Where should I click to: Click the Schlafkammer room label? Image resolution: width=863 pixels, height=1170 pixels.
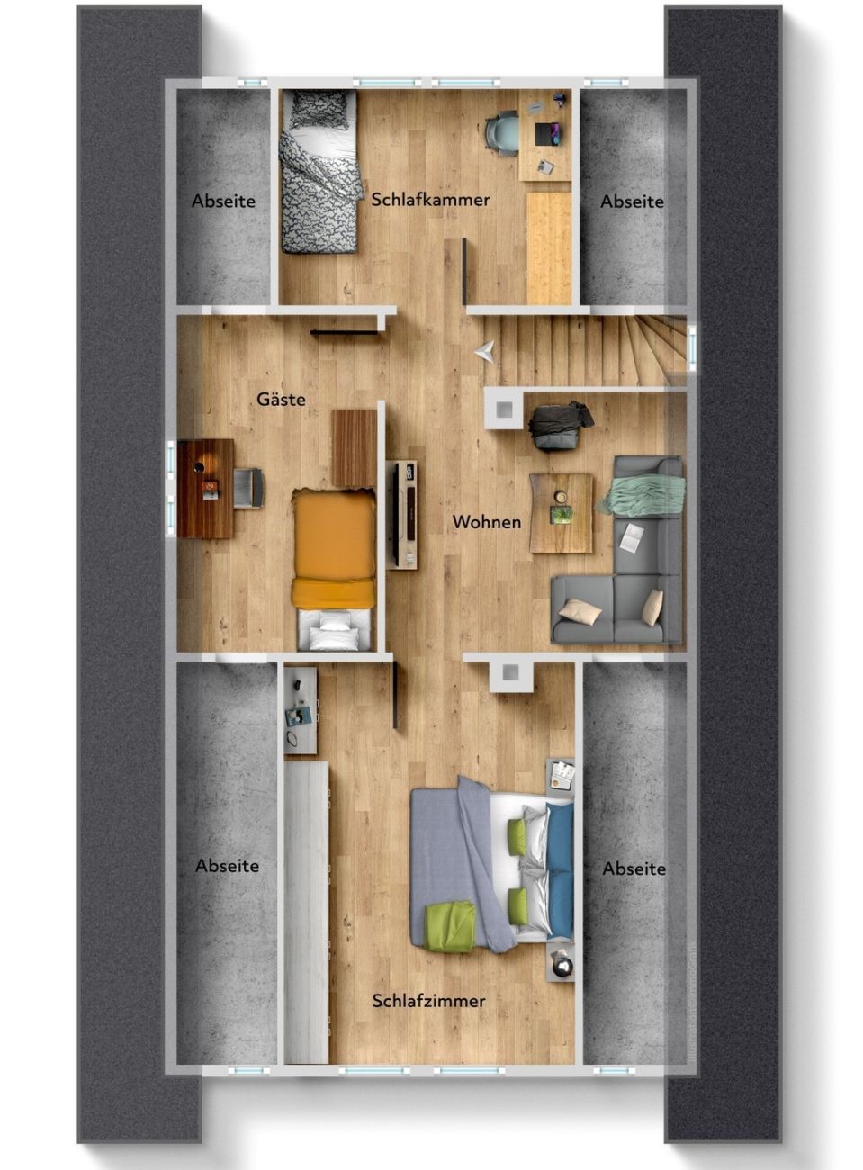click(430, 200)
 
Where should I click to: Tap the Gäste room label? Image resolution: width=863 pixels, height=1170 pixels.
click(281, 399)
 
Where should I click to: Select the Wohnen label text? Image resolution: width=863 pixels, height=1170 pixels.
click(487, 521)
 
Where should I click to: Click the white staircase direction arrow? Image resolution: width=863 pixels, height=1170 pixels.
click(485, 351)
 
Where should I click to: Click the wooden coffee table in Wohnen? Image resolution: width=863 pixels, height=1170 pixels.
click(562, 512)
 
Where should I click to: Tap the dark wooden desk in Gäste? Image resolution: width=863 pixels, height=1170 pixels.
click(205, 489)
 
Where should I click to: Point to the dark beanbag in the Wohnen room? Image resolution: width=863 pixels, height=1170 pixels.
click(561, 424)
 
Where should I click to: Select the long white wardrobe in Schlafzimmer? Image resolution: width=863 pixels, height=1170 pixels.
click(306, 886)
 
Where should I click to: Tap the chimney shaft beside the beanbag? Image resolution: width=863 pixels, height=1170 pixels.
click(504, 409)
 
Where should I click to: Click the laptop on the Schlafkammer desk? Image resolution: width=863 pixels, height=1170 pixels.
click(548, 134)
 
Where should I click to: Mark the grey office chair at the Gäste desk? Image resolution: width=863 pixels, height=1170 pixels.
click(248, 488)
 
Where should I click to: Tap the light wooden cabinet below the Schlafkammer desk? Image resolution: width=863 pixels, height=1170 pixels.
click(548, 247)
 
